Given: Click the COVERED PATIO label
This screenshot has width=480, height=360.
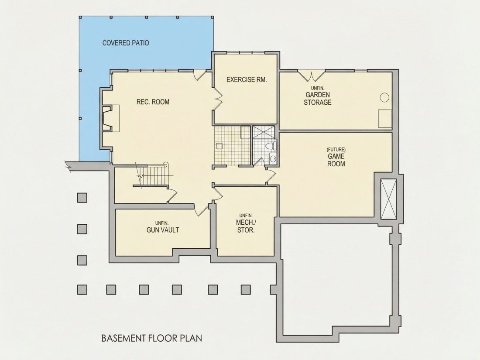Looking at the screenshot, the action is [126, 43].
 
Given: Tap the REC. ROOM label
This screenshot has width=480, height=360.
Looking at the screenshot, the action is [153, 102].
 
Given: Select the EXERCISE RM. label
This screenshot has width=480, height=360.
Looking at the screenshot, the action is [247, 79].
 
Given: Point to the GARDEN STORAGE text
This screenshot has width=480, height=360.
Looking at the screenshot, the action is [317, 98].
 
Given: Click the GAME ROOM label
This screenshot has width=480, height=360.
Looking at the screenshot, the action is [336, 160].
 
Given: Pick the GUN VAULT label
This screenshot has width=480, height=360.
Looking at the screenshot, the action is [163, 230].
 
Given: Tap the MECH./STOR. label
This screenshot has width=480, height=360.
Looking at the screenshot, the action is [246, 226].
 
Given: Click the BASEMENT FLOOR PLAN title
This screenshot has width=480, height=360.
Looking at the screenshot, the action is [151, 338].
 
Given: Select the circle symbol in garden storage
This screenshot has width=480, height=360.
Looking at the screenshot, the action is [384, 98].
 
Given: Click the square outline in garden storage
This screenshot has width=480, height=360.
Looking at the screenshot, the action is [385, 118].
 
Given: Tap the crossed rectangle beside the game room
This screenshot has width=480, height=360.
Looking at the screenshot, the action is [388, 199].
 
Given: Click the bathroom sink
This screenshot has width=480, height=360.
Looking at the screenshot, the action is [273, 158].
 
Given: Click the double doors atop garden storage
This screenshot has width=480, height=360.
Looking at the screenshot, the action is [312, 75].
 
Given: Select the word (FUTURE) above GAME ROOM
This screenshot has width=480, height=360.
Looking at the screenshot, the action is [336, 150].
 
